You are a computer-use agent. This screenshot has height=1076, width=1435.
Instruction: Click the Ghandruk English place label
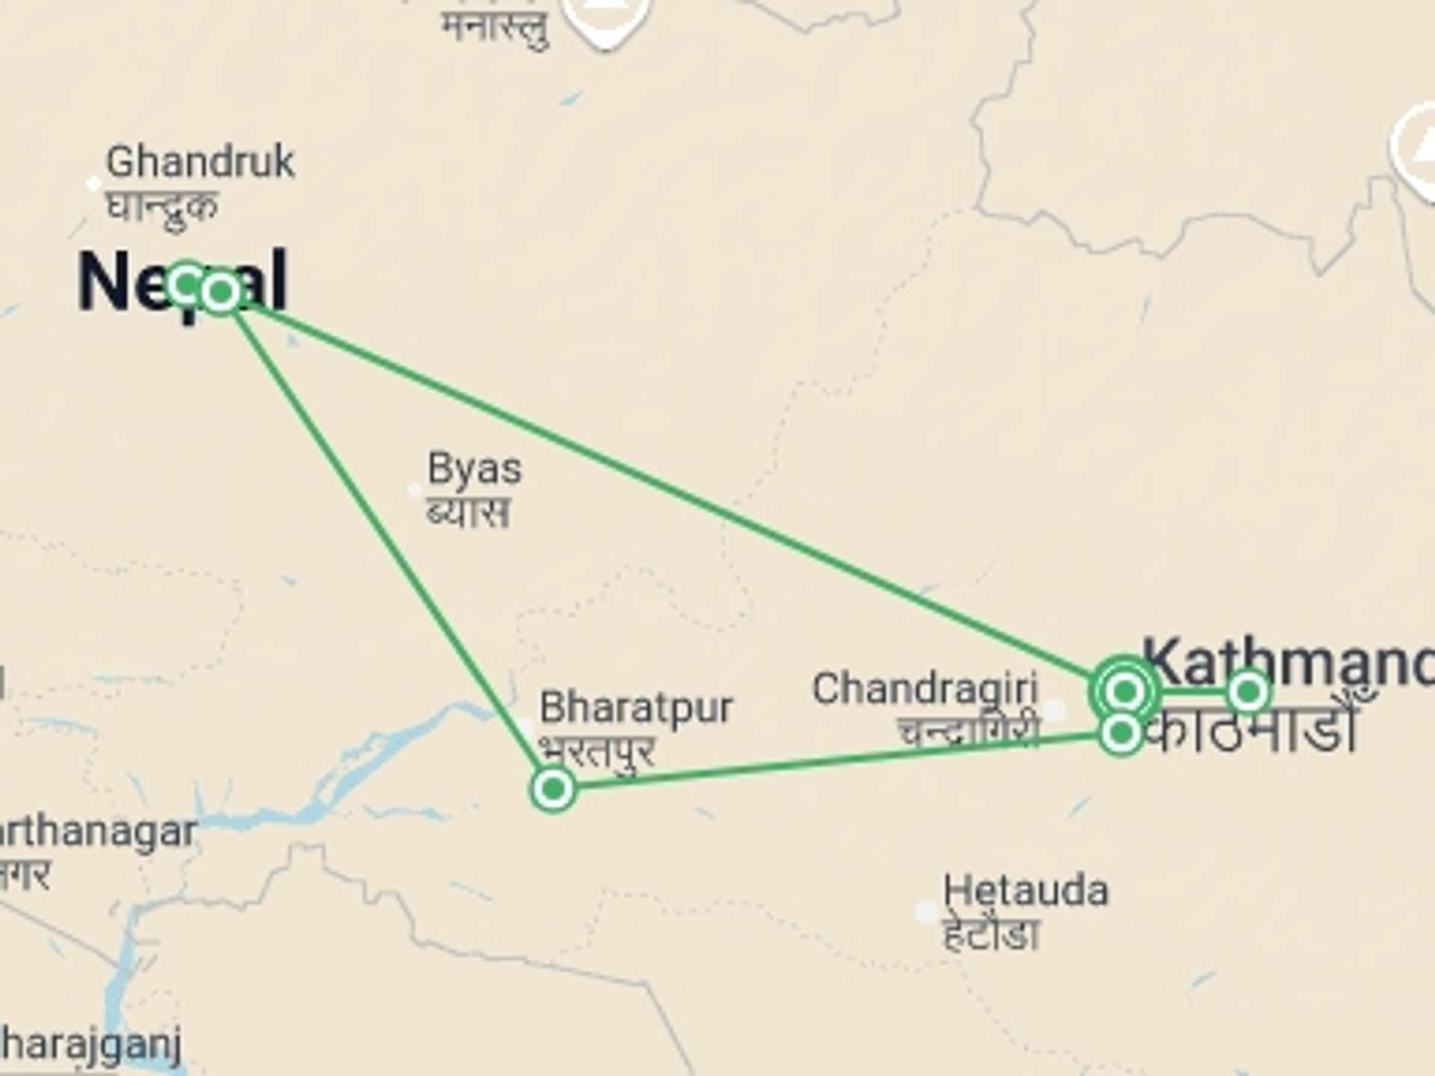(x=200, y=162)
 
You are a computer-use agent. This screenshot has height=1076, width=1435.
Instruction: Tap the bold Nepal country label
(x=182, y=282)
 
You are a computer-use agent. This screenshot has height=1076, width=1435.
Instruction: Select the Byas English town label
(x=475, y=469)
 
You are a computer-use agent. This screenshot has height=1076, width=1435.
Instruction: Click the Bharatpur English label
(x=636, y=707)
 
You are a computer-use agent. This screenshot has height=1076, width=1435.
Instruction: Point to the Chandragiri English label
(x=925, y=689)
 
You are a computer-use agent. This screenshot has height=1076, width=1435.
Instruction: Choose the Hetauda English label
(x=1025, y=891)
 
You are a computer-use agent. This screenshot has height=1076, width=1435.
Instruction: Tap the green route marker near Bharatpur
(x=553, y=788)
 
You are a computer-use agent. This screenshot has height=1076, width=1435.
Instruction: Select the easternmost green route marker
(x=1247, y=693)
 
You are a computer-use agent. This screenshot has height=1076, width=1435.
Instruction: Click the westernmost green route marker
(x=187, y=285)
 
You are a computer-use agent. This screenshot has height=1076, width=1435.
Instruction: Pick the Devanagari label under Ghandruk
(x=163, y=205)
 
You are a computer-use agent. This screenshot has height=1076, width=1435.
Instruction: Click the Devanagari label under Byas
(x=469, y=513)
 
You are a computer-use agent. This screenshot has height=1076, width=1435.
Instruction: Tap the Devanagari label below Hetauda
(x=991, y=934)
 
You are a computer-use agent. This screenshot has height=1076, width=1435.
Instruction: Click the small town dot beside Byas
(x=415, y=490)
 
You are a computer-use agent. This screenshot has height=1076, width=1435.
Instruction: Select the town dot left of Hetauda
(x=927, y=912)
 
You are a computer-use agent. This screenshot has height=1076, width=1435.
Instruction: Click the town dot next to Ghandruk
(x=93, y=183)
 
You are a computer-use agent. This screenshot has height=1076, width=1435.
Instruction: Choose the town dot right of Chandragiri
(x=1055, y=709)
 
